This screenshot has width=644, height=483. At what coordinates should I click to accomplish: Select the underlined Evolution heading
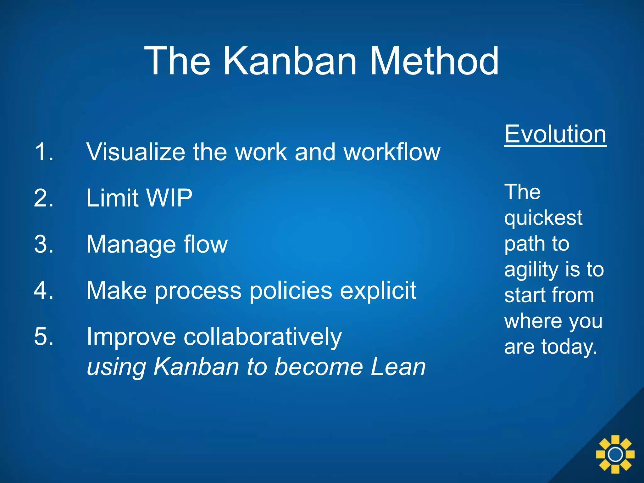555,134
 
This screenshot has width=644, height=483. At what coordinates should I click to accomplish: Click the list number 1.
44,152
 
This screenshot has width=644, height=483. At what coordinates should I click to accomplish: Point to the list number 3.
44,244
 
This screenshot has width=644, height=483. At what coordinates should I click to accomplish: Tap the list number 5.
44,337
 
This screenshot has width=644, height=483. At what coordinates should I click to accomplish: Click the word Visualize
135,152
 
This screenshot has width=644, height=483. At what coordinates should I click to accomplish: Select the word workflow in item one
392,152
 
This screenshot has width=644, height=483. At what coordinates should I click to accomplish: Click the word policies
291,291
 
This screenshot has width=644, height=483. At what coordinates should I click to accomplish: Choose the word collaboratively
262,337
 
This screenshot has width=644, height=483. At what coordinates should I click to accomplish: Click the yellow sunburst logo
615,454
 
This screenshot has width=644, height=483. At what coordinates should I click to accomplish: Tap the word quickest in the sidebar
543,218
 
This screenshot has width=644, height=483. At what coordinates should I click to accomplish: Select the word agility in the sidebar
531,270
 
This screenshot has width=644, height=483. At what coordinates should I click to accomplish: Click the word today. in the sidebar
569,347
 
